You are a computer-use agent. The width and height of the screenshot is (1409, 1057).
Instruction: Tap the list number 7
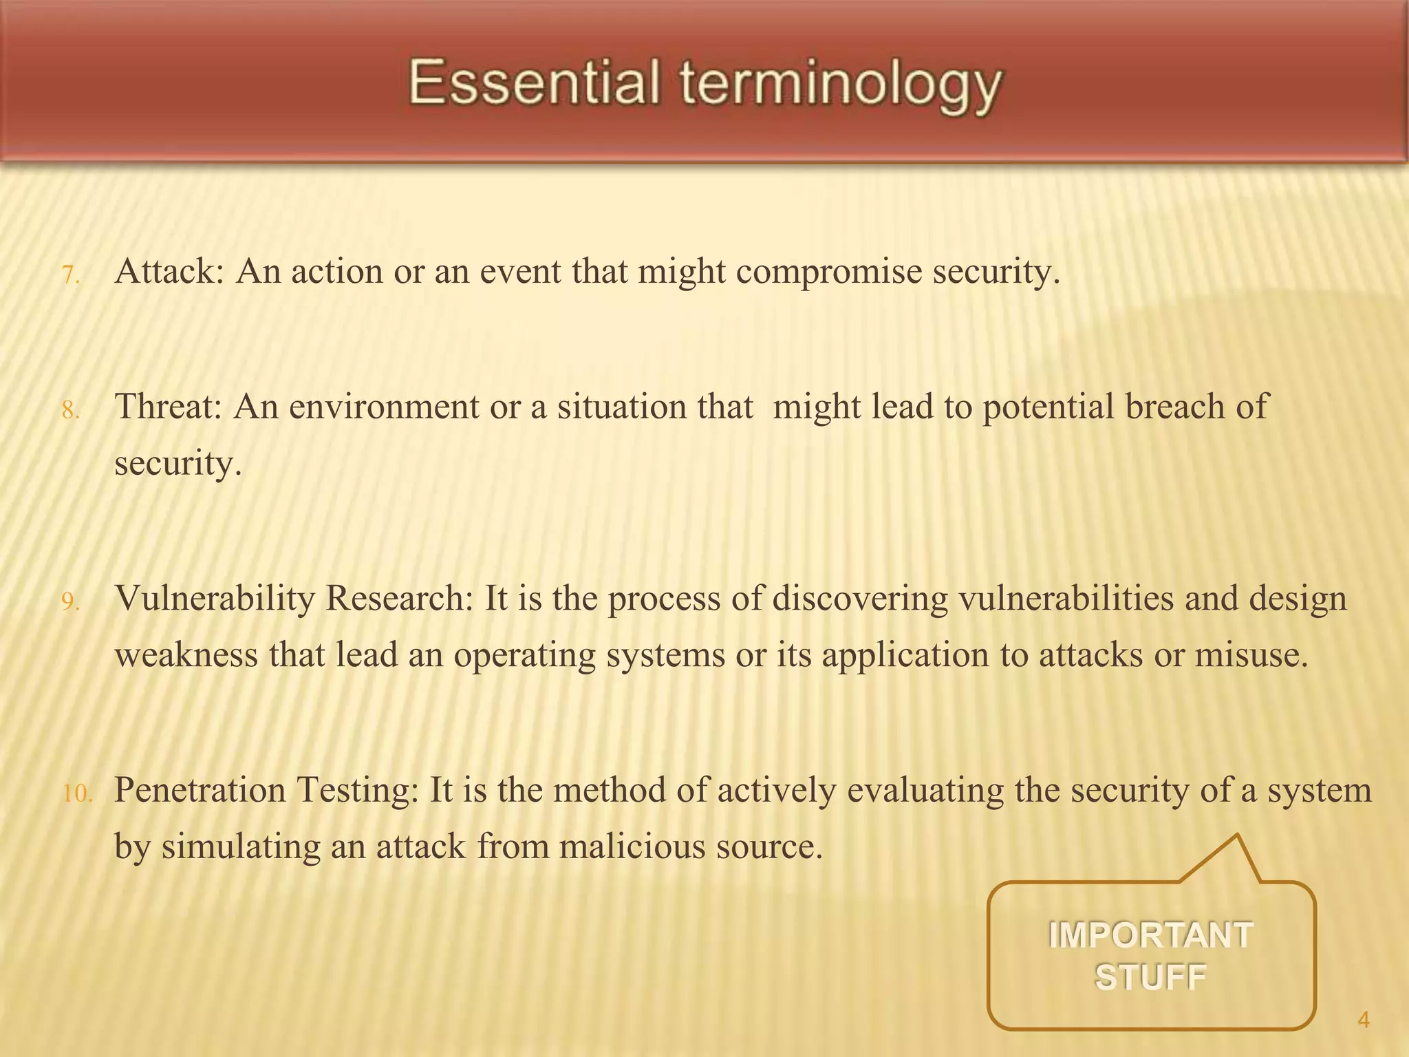71,276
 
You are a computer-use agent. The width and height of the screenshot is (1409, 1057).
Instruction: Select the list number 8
71,411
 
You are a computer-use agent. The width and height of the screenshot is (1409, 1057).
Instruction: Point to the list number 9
71,603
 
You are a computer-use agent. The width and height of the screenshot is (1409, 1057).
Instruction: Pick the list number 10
77,794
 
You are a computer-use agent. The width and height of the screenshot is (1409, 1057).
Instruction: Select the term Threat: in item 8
168,406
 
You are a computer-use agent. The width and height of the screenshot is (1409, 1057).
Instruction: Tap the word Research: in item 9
399,598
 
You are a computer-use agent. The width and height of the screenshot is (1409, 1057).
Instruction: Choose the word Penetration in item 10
200,789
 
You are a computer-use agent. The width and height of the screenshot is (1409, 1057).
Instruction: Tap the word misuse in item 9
1250,654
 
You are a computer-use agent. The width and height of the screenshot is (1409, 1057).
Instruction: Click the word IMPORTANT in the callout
1150,936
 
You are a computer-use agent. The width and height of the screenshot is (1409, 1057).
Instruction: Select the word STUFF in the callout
1150,977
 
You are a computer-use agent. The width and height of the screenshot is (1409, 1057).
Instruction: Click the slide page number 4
1364,1020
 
